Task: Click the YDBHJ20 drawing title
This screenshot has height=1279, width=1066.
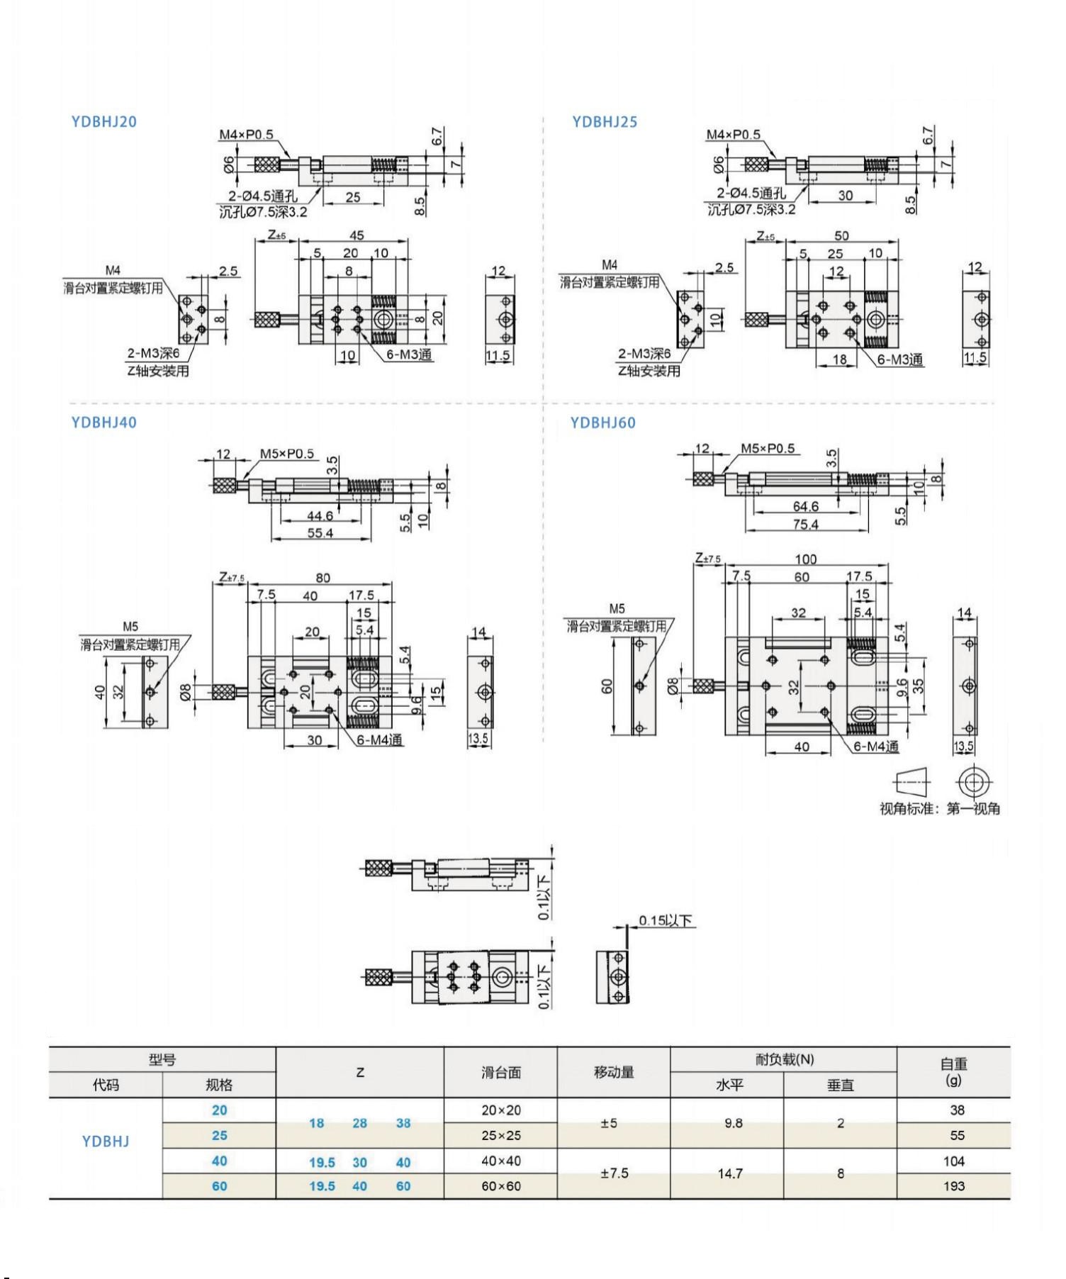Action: point(103,121)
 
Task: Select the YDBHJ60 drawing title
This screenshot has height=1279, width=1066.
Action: point(602,423)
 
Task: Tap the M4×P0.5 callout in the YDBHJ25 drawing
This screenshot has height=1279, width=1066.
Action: point(733,135)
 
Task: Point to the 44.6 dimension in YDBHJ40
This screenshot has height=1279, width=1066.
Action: point(320,516)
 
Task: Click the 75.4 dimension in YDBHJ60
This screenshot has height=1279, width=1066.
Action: point(806,525)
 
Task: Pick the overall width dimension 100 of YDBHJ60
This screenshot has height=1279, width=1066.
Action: point(806,559)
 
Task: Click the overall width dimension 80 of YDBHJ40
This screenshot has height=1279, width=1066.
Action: point(322,578)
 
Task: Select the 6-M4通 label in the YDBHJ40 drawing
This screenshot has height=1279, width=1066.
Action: point(379,740)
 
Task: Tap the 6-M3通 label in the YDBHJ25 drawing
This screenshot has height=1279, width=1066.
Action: point(900,359)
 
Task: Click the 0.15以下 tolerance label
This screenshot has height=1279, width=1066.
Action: point(665,920)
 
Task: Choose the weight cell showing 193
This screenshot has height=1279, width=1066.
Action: point(954,1186)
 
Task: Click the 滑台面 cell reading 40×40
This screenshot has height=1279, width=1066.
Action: point(501,1161)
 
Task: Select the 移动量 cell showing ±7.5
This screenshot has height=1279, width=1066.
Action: point(614,1173)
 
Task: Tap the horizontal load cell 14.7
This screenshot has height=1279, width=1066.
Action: point(730,1173)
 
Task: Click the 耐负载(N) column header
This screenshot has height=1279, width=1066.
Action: point(784,1059)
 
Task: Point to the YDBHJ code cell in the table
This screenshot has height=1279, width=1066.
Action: point(106,1141)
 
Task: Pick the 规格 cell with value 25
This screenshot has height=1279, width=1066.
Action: point(220,1136)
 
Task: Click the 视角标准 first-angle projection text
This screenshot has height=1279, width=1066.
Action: point(940,808)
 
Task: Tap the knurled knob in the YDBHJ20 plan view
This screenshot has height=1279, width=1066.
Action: point(267,319)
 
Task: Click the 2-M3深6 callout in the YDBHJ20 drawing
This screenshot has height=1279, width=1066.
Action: point(154,353)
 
